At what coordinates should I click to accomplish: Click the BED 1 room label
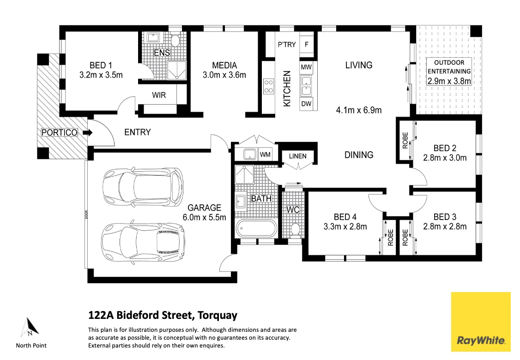pyautogui.click(x=101, y=65)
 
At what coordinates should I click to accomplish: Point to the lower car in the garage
pyautogui.click(x=144, y=242)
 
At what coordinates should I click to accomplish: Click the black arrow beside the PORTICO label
pyautogui.click(x=88, y=133)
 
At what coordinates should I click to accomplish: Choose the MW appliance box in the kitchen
pyautogui.click(x=306, y=67)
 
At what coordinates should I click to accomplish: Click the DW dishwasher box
pyautogui.click(x=306, y=104)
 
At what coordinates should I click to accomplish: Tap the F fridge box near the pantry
pyautogui.click(x=307, y=45)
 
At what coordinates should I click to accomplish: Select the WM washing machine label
pyautogui.click(x=265, y=154)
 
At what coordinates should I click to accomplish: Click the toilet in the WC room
pyautogui.click(x=296, y=229)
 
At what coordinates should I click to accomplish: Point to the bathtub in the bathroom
pyautogui.click(x=256, y=229)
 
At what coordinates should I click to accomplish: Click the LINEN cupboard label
pyautogui.click(x=297, y=156)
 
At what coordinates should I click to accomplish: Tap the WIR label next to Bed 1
pyautogui.click(x=158, y=96)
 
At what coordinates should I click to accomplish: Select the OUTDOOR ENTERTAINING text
pyautogui.click(x=449, y=67)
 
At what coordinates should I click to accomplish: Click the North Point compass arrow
pyautogui.click(x=29, y=328)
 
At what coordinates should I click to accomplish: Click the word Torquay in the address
pyautogui.click(x=217, y=316)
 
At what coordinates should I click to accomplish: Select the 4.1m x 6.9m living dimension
pyautogui.click(x=358, y=110)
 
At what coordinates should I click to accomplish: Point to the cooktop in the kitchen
pyautogui.click(x=268, y=86)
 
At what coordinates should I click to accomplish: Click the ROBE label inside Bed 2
pyautogui.click(x=405, y=140)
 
